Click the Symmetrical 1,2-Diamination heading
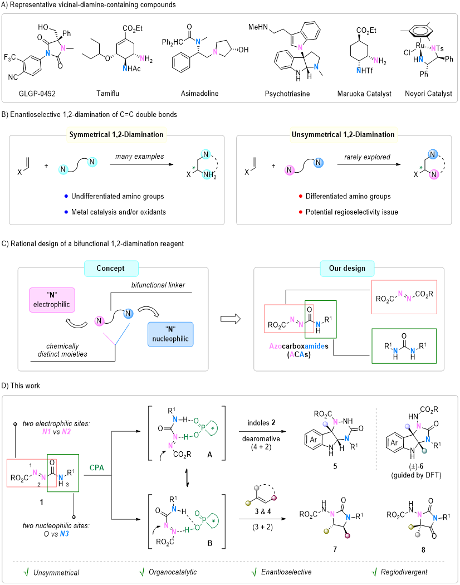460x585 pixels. click(x=116, y=134)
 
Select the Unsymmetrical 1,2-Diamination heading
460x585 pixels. click(x=343, y=134)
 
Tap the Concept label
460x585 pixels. click(x=111, y=268)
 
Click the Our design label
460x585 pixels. click(x=347, y=268)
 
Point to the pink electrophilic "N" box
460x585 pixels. click(x=52, y=300)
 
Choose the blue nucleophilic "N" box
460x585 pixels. click(x=170, y=334)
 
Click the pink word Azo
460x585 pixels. click(x=275, y=346)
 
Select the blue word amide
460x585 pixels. click(x=315, y=346)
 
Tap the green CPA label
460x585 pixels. click(x=97, y=468)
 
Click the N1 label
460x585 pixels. click(x=47, y=432)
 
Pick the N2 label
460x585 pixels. click(x=66, y=432)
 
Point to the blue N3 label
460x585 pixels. click(x=65, y=534)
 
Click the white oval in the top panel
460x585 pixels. click(x=420, y=31)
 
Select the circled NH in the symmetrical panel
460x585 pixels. click(x=207, y=175)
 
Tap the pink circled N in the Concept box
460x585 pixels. click(x=100, y=321)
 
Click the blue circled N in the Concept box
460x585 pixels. click(x=129, y=314)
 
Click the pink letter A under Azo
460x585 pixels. click(x=292, y=354)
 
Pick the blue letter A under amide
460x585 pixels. click(x=302, y=354)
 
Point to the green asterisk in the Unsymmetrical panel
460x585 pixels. click(x=420, y=167)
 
